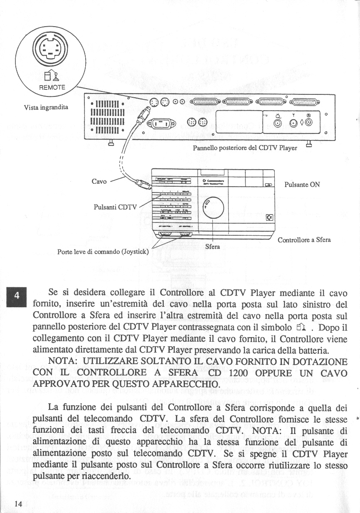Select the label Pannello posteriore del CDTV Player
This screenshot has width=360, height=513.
(x=245, y=148)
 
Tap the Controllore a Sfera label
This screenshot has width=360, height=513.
(x=304, y=240)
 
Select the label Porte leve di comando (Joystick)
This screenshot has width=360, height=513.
(x=103, y=252)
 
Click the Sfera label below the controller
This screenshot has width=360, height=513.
(x=213, y=246)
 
